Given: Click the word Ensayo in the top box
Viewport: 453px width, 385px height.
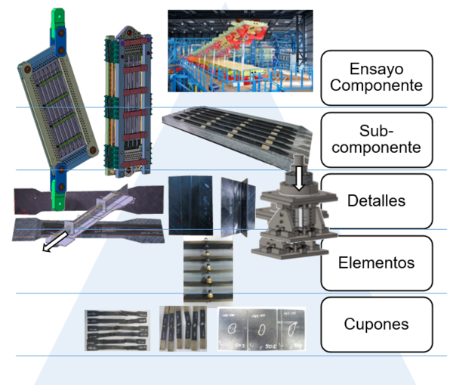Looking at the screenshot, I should (376, 67).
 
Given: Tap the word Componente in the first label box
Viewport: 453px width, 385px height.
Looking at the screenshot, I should (376, 85).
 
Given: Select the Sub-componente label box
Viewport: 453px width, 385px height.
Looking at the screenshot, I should (376, 139).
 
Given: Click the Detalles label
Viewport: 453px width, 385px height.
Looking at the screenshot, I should (376, 201).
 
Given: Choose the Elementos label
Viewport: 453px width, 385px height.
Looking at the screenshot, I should (376, 263).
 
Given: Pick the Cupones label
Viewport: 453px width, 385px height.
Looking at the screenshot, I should (376, 324).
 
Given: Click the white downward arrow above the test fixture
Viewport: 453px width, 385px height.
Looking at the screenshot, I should (300, 177).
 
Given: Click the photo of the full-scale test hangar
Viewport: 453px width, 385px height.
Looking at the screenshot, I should (239, 51).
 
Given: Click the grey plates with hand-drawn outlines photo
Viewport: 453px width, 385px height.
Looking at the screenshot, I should (261, 329).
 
